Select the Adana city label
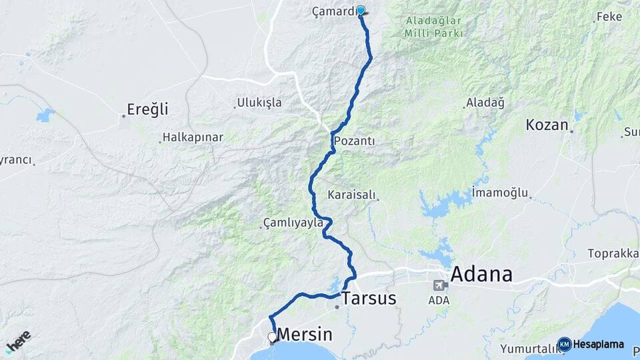(x=481, y=274)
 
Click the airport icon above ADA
(x=440, y=285)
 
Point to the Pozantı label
(x=354, y=141)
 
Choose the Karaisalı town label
(x=353, y=195)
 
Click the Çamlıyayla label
(x=293, y=222)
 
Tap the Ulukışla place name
(x=259, y=103)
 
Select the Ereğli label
(x=148, y=109)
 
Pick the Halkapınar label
(x=192, y=137)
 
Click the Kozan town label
(x=547, y=125)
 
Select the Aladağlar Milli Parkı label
(x=433, y=26)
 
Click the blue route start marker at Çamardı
(x=361, y=11)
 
